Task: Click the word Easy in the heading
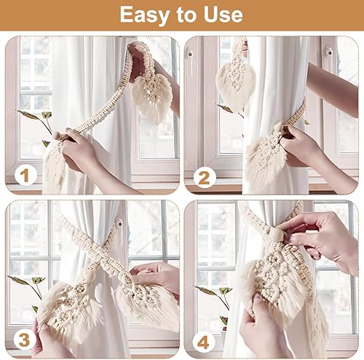144,15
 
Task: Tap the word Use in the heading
223,15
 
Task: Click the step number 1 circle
25,175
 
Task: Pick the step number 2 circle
205,178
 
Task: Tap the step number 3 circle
25,340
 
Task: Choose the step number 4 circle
204,342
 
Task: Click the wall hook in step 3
119,222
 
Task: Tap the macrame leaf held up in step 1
151,97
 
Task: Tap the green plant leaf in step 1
29,114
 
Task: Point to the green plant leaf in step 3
20,280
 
